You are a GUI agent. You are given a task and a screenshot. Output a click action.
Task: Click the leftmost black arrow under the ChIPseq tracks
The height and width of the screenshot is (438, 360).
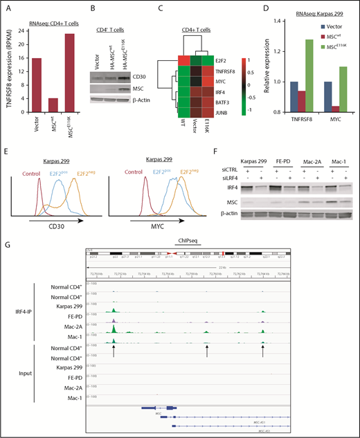pos(113,352)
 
